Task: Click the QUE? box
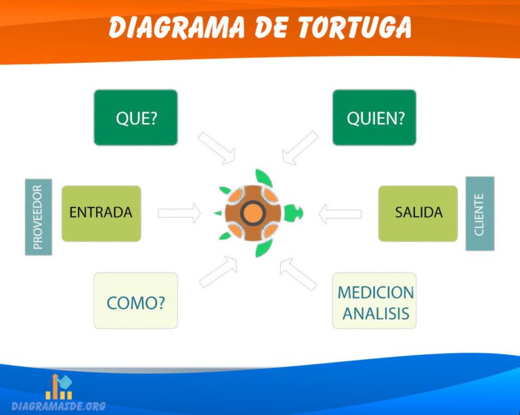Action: [x=135, y=118]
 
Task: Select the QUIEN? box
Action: [x=374, y=118]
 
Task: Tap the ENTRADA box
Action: [x=102, y=213]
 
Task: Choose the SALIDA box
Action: [x=418, y=213]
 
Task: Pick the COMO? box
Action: [x=135, y=301]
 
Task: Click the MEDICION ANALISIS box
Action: [x=374, y=301]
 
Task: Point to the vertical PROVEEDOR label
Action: [x=39, y=216]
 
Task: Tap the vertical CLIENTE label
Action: [x=479, y=214]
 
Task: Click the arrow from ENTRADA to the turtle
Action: [x=179, y=213]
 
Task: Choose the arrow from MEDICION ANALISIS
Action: [x=298, y=273]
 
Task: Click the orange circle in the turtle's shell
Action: [x=253, y=213]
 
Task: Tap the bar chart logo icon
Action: [x=59, y=386]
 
